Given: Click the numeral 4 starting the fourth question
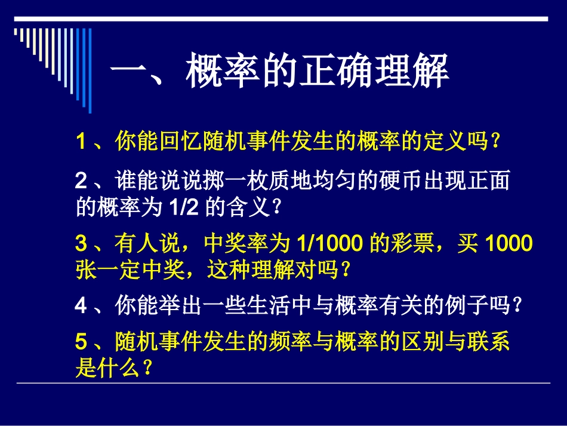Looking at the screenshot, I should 81,306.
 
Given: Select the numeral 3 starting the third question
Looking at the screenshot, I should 81,244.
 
